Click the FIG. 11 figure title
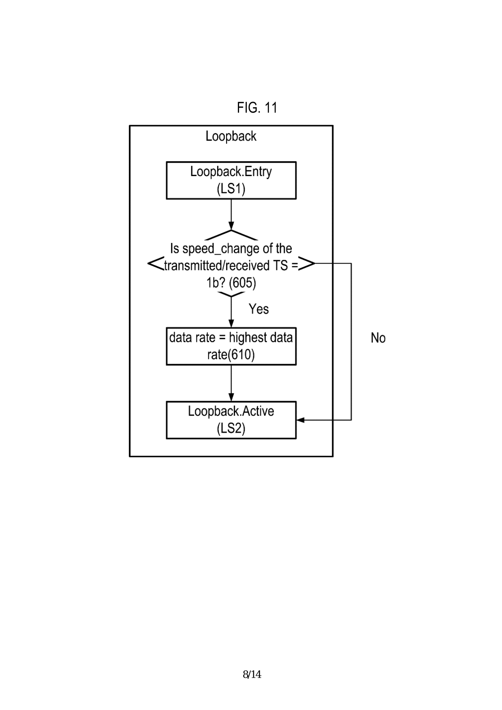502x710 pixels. pos(257,108)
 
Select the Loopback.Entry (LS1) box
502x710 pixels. pos(231,181)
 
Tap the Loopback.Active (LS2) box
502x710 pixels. pos(231,420)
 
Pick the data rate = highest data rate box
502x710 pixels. pos(231,346)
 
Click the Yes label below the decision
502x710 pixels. pos(258,309)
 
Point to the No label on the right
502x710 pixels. pos(378,338)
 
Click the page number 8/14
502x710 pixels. pos(252,674)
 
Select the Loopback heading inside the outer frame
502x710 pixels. pos(231,136)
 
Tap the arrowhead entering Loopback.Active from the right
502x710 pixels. pos(301,420)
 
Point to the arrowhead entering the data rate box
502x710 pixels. pos(231,323)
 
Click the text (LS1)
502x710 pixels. pos(231,189)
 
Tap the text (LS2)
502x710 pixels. pos(231,428)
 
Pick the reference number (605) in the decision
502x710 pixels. pos(242,283)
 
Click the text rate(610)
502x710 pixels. pos(231,355)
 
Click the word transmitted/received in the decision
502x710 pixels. pos(216,266)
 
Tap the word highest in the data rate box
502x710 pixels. pos(248,338)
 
